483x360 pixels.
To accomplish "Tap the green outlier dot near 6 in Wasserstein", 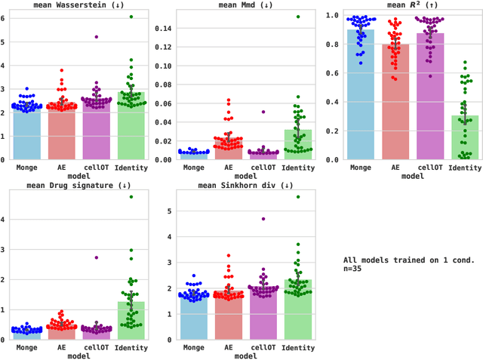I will (131, 17).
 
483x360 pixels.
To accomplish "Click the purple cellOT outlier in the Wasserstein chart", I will (96, 36).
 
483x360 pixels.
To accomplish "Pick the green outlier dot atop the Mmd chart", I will (298, 17).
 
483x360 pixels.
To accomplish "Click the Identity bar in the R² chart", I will (466, 140).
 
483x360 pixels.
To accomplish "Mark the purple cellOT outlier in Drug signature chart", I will (96, 257).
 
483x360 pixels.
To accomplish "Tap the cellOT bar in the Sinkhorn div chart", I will (263, 317).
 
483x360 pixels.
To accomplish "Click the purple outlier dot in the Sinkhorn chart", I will (263, 219).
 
